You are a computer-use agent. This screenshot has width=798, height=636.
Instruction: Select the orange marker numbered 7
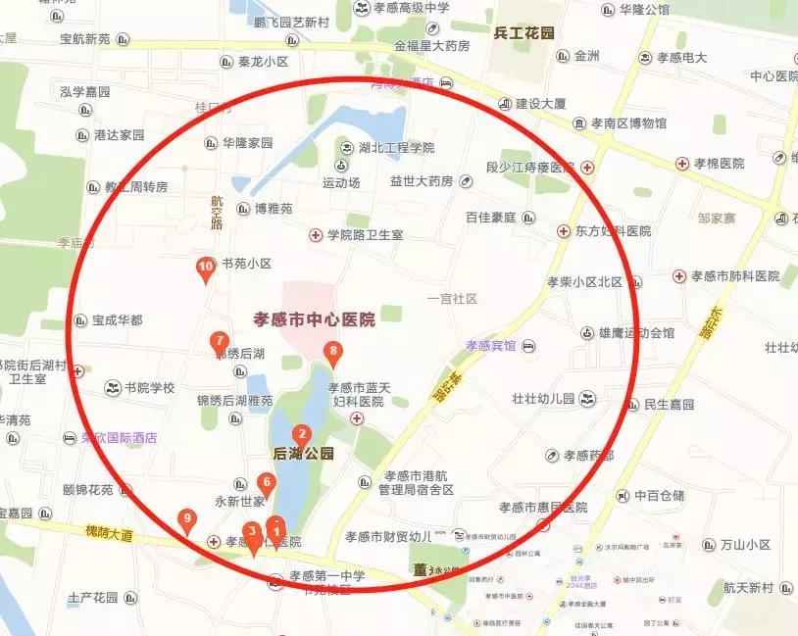pyautogui.click(x=221, y=342)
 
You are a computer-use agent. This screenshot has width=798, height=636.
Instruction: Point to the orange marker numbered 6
pyautogui.click(x=265, y=483)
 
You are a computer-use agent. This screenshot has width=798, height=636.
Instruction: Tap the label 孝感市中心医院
pyautogui.click(x=314, y=319)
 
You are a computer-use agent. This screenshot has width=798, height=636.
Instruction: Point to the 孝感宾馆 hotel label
pyautogui.click(x=490, y=346)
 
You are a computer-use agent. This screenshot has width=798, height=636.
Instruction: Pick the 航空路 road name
pyautogui.click(x=218, y=212)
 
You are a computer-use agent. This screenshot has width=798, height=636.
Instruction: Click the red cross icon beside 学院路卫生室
pyautogui.click(x=316, y=235)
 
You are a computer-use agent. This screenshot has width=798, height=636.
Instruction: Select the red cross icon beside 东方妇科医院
pyautogui.click(x=564, y=231)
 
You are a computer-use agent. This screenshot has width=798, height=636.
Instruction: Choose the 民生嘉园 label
pyautogui.click(x=669, y=404)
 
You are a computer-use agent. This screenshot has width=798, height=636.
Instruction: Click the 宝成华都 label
pyautogui.click(x=117, y=320)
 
